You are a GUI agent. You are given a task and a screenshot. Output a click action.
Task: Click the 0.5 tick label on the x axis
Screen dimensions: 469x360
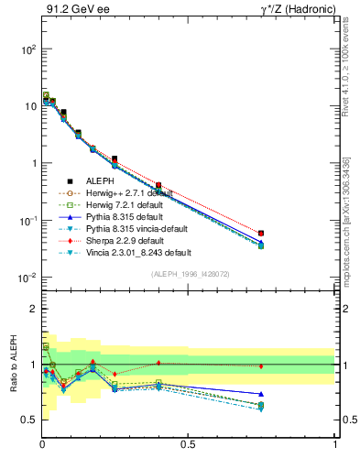coord(189,444)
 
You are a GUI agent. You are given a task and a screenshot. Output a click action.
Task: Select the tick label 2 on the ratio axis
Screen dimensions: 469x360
coord(32,309)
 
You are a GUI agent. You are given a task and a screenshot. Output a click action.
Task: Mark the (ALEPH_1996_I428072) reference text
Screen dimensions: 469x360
coord(189,274)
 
